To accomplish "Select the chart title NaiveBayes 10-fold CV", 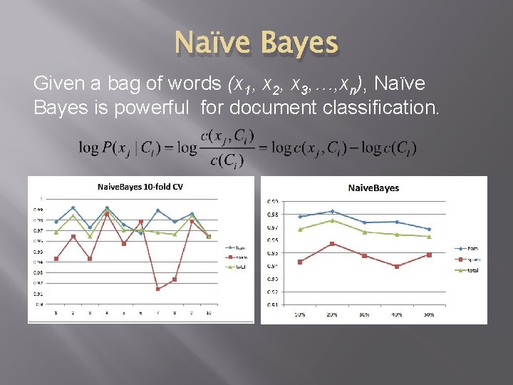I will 140,186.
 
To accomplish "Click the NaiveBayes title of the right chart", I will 373,188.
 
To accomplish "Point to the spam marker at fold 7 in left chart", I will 157,289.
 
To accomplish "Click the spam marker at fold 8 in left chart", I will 175,279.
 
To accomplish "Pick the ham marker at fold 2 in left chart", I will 73,208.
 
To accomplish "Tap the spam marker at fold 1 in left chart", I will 56,259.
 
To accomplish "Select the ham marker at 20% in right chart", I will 332,212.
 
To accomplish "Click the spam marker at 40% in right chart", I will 397,266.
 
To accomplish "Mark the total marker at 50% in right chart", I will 429,237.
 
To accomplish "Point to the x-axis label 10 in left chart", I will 208,312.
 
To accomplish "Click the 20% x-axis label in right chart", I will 332,314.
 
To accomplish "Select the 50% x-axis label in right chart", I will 429,314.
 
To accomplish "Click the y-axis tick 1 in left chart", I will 41,198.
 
